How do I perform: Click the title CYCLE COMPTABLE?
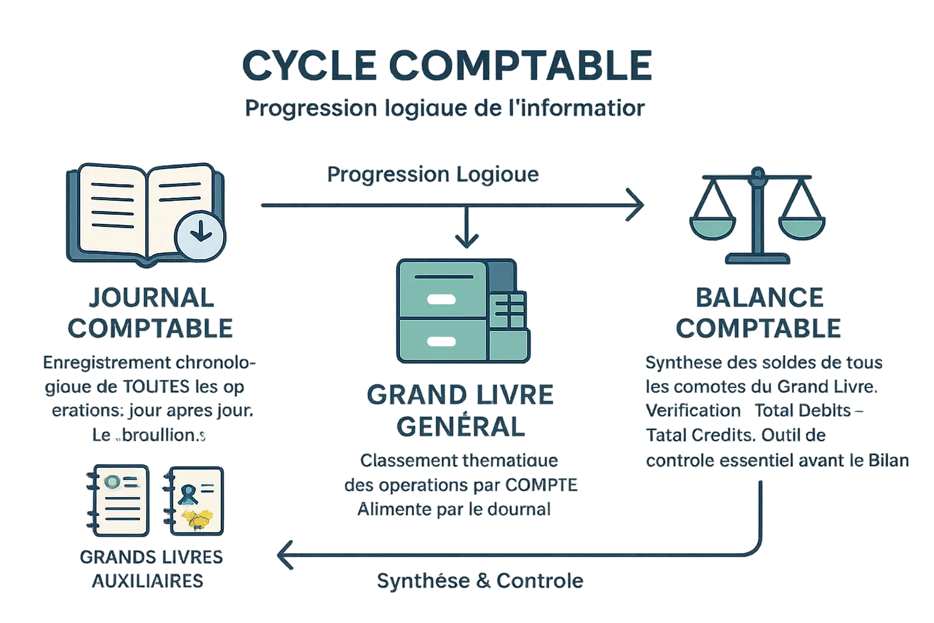pos(448,66)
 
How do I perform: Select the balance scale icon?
pos(757,216)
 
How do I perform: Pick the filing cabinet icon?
pos(462,310)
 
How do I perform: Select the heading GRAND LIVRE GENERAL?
pos(460,411)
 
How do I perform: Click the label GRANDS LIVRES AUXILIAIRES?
pos(151,569)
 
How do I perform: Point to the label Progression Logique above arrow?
pos(432,175)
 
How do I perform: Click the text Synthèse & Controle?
pos(480,580)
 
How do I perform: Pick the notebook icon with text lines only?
pos(120,500)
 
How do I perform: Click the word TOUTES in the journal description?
pos(156,386)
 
